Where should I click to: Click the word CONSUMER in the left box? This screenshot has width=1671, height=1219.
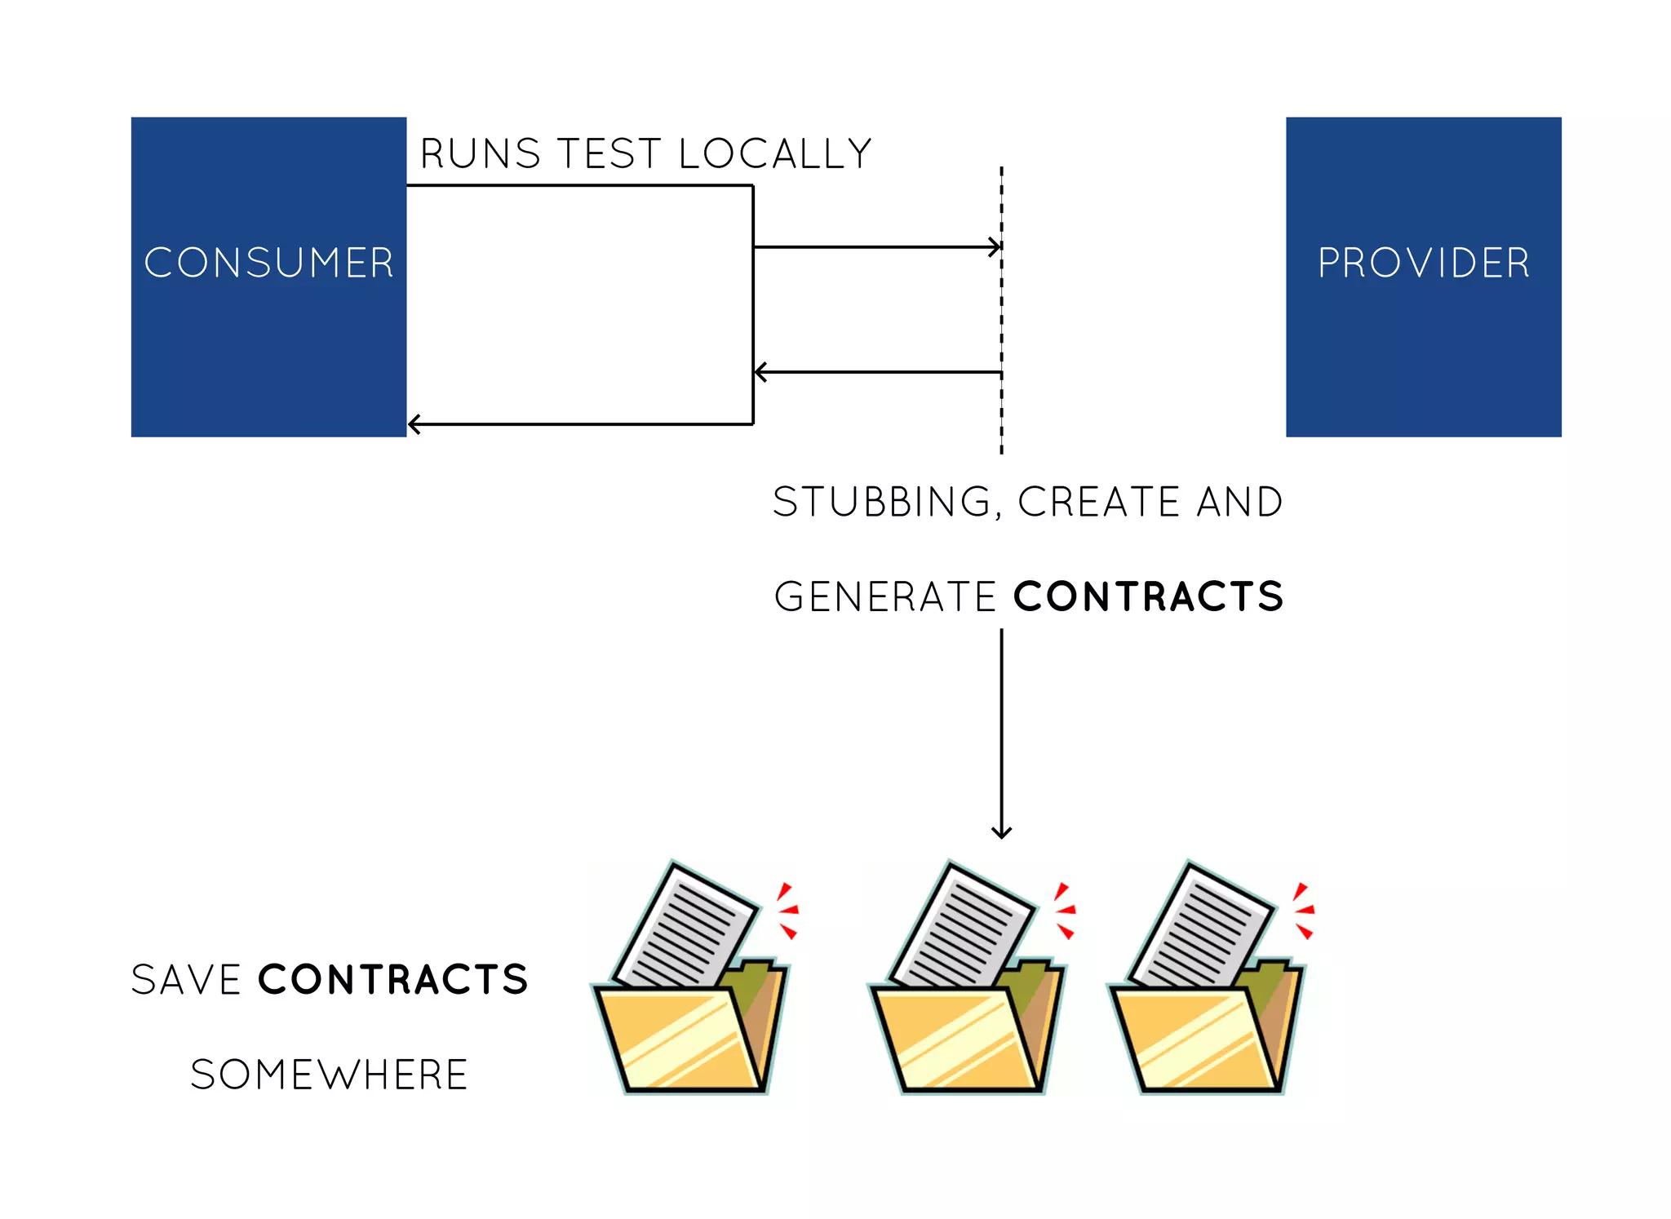[x=268, y=263]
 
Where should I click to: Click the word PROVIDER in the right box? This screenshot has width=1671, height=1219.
[x=1423, y=263]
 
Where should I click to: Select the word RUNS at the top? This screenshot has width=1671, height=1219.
[x=480, y=153]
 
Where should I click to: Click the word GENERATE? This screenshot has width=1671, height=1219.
[x=884, y=596]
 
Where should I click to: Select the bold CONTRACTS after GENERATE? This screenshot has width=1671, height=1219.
[x=1148, y=596]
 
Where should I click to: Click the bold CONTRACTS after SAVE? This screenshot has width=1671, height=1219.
[x=392, y=979]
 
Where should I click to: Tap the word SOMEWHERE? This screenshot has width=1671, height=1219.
[x=329, y=1074]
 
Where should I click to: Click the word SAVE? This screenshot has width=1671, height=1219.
[x=186, y=979]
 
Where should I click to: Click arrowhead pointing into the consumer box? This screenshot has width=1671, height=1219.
[x=414, y=424]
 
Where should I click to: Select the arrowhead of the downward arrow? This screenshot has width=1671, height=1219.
[x=1001, y=832]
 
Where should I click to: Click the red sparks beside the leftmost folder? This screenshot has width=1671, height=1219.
[x=787, y=910]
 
